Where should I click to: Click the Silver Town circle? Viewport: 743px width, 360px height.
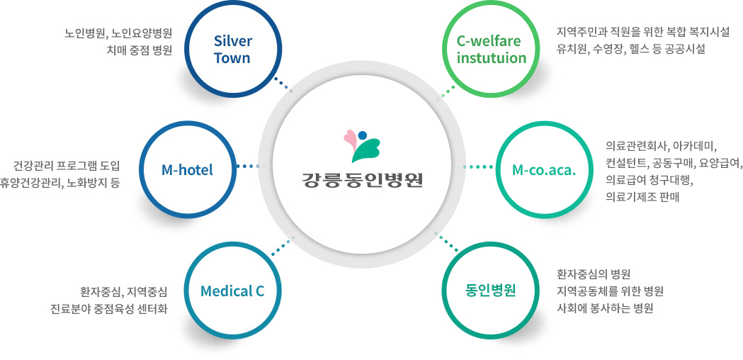tap(232, 49)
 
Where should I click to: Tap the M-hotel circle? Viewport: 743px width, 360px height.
tap(187, 169)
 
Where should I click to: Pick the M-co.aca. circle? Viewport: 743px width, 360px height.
tap(543, 169)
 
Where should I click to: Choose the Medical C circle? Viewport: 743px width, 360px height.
tap(232, 291)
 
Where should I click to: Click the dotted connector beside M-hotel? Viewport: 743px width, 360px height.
tap(246, 167)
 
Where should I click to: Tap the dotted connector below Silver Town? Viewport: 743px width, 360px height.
tap(283, 84)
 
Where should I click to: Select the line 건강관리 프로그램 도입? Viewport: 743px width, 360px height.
tap(67, 167)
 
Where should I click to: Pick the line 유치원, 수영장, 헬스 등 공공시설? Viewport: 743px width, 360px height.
tap(631, 50)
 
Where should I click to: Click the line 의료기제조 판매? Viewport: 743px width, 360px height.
tap(642, 197)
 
